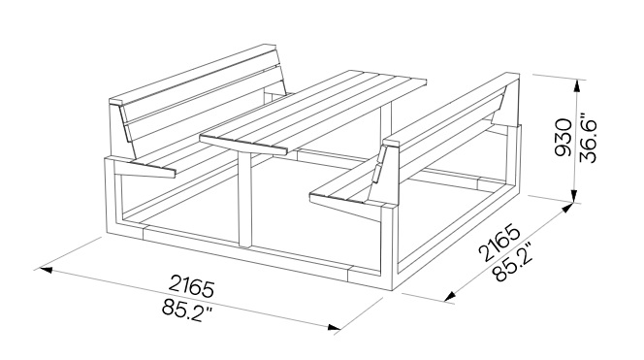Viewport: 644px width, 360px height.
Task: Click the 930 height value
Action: pyautogui.click(x=563, y=138)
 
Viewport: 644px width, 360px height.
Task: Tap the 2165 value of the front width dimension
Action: pyautogui.click(x=191, y=285)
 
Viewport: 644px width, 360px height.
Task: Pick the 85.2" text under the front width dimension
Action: pyautogui.click(x=187, y=309)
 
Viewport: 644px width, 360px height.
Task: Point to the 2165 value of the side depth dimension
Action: pyautogui.click(x=499, y=243)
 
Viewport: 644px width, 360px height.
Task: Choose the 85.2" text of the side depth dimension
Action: pyautogui.click(x=513, y=262)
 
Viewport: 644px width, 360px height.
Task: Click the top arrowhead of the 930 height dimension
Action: pyautogui.click(x=577, y=85)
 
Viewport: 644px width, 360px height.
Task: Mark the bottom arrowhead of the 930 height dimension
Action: pyautogui.click(x=574, y=195)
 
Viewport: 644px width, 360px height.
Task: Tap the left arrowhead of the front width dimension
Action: pyautogui.click(x=46, y=270)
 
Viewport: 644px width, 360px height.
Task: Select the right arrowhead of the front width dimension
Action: pyautogui.click(x=335, y=327)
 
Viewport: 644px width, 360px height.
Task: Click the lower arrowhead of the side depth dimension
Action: pyautogui.click(x=450, y=296)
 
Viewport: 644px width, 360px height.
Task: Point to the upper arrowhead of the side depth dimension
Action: pyautogui.click(x=567, y=208)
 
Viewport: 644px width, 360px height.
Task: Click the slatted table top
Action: pyautogui.click(x=313, y=111)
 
